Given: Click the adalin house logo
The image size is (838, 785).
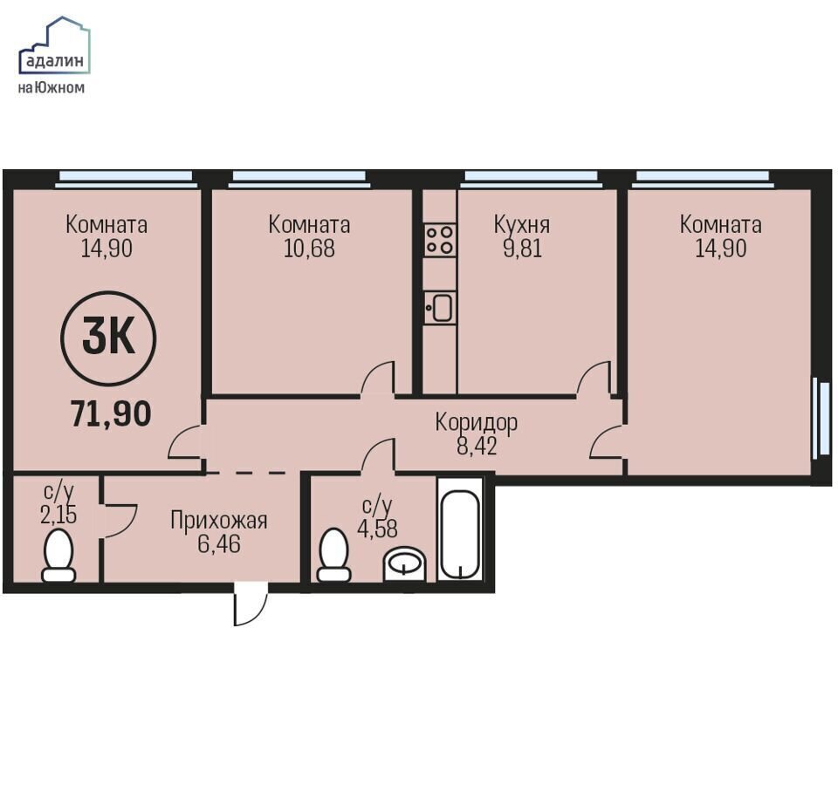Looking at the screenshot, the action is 54,45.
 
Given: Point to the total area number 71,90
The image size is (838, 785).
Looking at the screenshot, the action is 111,413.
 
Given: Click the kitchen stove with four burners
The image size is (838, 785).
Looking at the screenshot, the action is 440,240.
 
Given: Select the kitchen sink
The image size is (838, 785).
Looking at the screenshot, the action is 440,308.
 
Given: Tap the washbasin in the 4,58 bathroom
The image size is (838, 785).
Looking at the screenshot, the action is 405,563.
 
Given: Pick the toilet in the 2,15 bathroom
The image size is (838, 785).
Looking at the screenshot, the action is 58,556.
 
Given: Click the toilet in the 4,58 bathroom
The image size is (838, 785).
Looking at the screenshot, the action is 334,555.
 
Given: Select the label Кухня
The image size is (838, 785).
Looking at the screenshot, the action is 522,225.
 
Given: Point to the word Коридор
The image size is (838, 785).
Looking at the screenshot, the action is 477,422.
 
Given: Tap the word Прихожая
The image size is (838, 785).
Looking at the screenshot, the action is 218,520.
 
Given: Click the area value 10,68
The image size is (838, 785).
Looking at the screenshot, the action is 309,249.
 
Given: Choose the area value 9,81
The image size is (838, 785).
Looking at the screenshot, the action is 522,249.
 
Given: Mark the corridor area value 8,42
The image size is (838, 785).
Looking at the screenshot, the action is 477,446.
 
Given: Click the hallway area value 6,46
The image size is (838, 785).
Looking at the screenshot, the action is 218,544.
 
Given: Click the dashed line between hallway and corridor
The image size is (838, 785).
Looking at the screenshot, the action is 245,473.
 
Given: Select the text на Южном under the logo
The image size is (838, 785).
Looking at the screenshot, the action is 52,87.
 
